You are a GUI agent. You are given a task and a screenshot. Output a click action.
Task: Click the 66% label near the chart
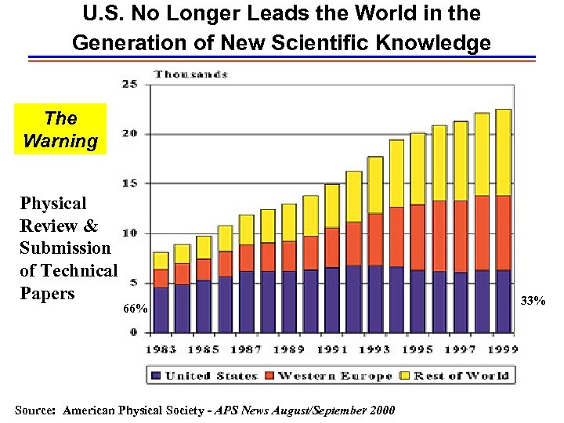136,309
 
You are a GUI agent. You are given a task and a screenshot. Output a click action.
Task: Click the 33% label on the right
533,300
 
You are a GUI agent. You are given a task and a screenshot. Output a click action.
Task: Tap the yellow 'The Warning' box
60,129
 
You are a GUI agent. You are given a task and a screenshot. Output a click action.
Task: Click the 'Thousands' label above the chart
190,74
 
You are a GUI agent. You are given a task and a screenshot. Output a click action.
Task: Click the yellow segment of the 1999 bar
503,152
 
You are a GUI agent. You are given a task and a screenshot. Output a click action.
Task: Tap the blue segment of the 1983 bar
161,309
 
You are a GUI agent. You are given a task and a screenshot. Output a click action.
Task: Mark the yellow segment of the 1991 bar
332,205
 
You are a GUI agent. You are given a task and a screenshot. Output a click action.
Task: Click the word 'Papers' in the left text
47,293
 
